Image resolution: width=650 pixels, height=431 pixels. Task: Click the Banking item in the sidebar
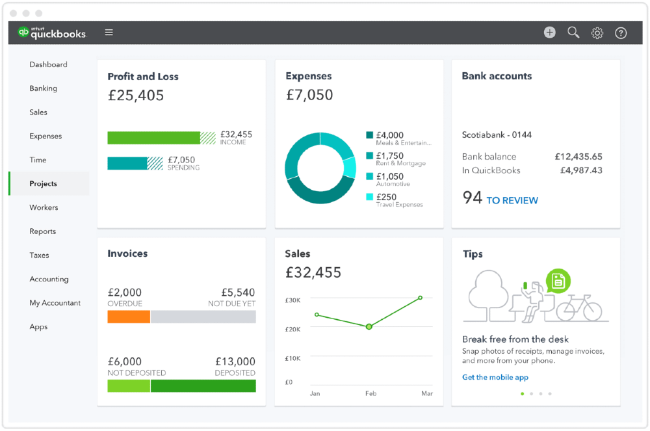[43, 88]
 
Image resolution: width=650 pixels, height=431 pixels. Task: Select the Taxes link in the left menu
[39, 255]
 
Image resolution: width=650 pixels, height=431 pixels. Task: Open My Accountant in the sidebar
[55, 303]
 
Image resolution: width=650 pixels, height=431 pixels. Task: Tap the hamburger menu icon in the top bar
[109, 33]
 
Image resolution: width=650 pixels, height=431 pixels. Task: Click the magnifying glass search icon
[573, 33]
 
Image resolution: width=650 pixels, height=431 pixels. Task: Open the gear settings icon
[597, 33]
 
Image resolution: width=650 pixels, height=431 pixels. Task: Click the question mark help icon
[621, 33]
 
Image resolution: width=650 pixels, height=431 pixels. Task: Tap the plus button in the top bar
[550, 33]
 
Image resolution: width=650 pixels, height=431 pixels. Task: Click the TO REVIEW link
[512, 201]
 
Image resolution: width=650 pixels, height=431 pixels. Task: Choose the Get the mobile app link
[495, 377]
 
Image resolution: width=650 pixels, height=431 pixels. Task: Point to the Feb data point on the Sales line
[369, 326]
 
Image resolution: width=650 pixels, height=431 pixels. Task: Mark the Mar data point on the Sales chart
[421, 298]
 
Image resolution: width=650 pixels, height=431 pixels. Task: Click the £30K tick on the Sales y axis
[292, 300]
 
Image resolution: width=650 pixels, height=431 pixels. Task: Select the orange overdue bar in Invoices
[129, 317]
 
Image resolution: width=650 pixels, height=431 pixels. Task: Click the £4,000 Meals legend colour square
[370, 135]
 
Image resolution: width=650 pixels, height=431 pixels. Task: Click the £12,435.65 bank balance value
[578, 157]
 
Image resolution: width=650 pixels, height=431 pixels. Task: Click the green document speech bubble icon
[558, 281]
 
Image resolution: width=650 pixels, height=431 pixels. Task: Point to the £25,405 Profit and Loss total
[136, 96]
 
